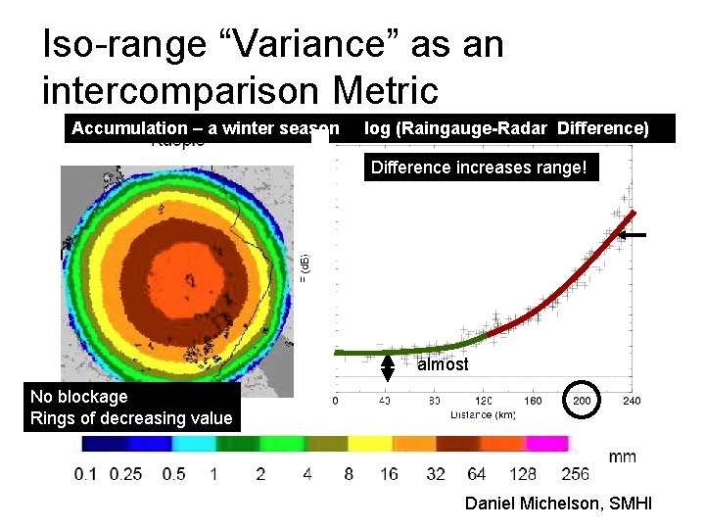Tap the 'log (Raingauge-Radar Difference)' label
point(505,128)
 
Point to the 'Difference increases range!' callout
point(479,168)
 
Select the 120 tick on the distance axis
point(485,400)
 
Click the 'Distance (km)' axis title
point(484,415)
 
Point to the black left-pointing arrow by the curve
point(634,235)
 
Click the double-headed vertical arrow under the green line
point(388,366)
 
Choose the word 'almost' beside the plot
point(443,364)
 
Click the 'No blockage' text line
point(79,397)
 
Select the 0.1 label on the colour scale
point(85,474)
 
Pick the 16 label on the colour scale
point(389,474)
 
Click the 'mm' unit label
point(622,457)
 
